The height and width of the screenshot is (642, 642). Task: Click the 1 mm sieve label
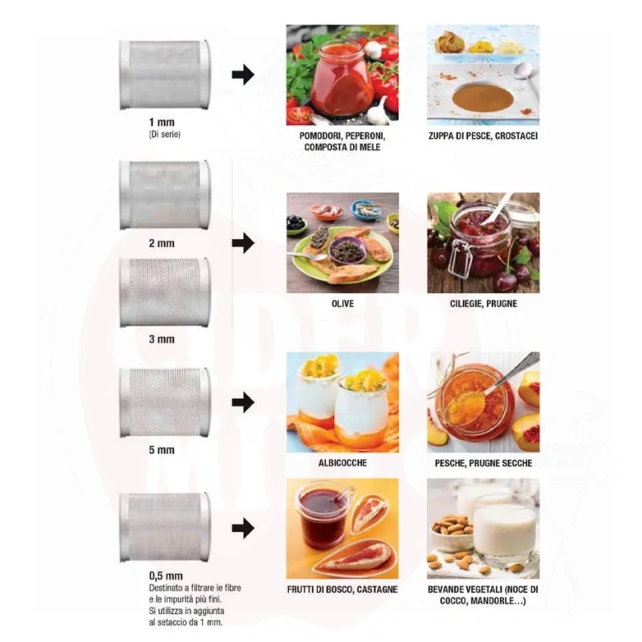pos(162,122)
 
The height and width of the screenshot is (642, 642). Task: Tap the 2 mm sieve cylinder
pos(165,194)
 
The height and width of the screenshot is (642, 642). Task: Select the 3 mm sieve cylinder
pos(165,292)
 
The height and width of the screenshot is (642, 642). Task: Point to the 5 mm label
pos(162,450)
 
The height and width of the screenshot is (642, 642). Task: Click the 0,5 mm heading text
pos(166,575)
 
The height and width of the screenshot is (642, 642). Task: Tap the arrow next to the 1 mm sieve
pos(243,75)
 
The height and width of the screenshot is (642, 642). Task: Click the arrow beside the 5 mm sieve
pos(243,402)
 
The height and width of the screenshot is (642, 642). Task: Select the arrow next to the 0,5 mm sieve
pos(243,528)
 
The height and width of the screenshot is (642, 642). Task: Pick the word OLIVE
pos(343,304)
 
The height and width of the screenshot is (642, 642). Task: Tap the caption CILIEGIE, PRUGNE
pos(484,304)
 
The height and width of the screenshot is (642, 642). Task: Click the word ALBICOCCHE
pos(343,463)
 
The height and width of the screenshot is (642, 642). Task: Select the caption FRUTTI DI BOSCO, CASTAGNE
pos(343,590)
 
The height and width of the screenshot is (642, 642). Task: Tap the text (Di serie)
pos(165,134)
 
